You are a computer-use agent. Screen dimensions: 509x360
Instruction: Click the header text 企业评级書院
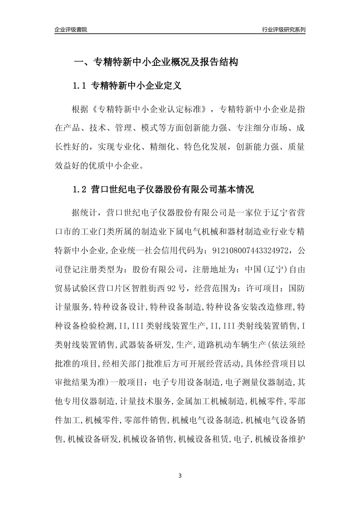tap(71, 30)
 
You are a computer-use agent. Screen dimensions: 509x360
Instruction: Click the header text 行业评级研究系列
tap(283, 30)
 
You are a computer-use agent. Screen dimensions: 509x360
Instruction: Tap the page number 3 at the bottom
tap(180, 476)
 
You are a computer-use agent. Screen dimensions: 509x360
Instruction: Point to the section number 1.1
tap(80, 86)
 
